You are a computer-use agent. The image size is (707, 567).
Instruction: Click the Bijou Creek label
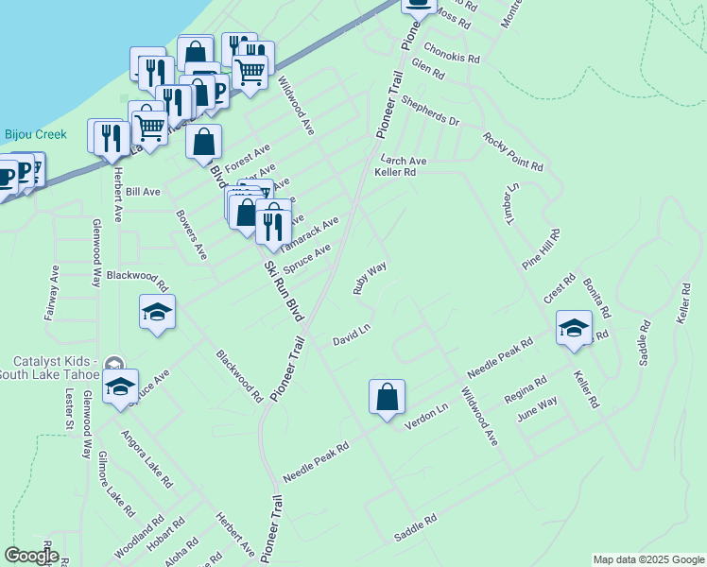36,134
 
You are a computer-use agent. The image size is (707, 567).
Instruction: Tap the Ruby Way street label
370,280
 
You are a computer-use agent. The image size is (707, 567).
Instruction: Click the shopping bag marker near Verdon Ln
388,397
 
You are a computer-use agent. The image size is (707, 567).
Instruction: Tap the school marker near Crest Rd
573,328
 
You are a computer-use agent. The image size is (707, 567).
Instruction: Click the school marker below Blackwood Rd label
157,313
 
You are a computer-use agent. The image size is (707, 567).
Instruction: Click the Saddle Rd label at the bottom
415,527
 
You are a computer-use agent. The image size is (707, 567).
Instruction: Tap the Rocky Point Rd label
513,151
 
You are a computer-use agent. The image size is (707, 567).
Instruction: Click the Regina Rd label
526,388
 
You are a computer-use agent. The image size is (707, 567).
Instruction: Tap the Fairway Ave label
52,293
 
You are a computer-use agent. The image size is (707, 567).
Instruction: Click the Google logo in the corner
31,556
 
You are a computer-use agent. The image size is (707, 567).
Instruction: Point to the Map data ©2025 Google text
648,559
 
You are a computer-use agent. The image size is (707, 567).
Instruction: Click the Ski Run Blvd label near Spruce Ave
285,292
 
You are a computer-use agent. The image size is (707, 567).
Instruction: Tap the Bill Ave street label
143,191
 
